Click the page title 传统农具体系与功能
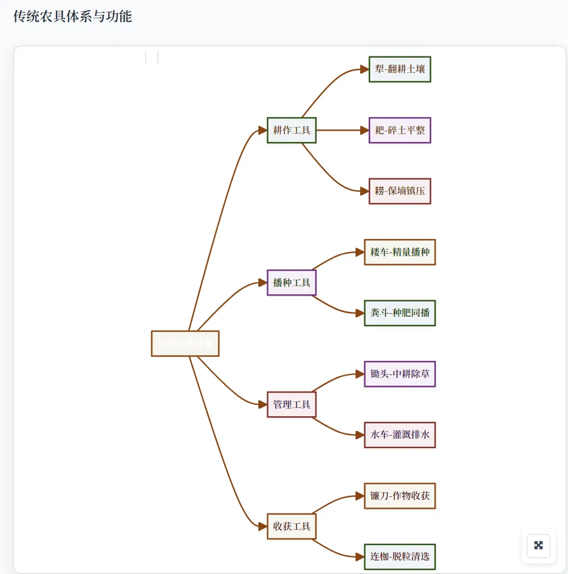coord(72,16)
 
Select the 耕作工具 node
coord(292,130)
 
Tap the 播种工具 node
coord(292,283)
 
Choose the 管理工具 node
coord(292,404)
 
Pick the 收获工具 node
coord(292,526)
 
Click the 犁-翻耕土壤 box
coord(400,69)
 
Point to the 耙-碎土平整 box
coord(400,130)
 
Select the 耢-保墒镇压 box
coord(400,191)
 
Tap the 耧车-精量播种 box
coord(400,252)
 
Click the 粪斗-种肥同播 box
coord(400,313)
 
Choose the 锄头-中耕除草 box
coord(400,374)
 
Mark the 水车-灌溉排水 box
coord(400,435)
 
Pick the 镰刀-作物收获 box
coord(400,496)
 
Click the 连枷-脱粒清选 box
coord(400,556)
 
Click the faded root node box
coord(185,344)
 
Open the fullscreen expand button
coord(538,545)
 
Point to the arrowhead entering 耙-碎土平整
coord(364,130)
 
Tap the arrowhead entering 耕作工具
coord(263,130)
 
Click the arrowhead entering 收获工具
coord(263,526)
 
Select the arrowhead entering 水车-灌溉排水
coord(360,435)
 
